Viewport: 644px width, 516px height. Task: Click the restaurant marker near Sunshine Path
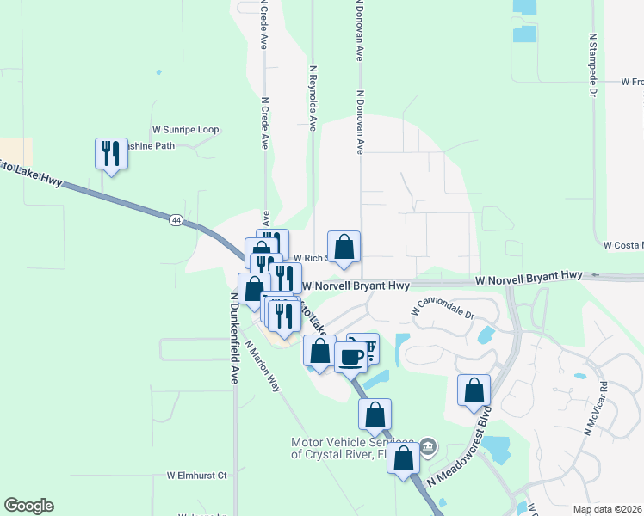coord(111,154)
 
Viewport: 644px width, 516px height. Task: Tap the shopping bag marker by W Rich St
coord(344,247)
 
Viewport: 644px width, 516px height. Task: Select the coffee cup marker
coord(350,356)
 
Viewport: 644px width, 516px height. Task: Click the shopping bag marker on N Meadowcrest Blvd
coord(474,390)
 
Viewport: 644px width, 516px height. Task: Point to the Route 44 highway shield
coord(176,221)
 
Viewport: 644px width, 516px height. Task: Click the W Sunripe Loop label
coord(185,130)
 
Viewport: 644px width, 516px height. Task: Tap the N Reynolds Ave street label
coord(313,96)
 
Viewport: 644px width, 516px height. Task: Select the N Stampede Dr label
coord(593,64)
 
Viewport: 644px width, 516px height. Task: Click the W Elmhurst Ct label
coord(196,476)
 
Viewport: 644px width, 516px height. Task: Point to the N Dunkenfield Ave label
coord(233,338)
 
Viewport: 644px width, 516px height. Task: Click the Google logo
coord(28,506)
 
